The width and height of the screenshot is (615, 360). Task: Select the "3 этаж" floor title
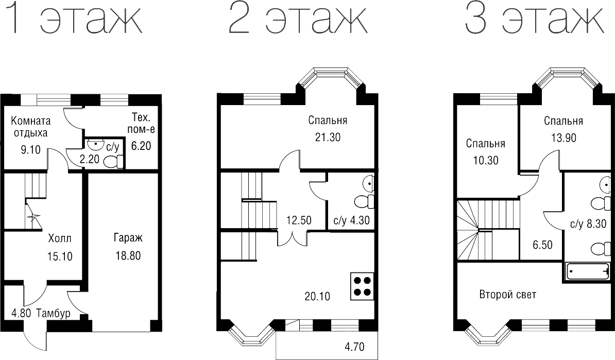[534, 18]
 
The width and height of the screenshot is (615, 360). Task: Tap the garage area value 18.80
[128, 255]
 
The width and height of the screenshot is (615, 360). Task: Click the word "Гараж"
[128, 237]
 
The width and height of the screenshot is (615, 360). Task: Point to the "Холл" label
[60, 238]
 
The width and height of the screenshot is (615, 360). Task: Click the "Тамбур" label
[54, 313]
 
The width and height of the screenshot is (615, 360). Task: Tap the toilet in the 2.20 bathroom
[114, 162]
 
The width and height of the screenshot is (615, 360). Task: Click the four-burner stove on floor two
[362, 286]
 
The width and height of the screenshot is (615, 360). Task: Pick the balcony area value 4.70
[354, 347]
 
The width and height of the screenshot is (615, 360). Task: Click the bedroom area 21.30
[328, 138]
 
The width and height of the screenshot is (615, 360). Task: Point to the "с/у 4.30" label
[351, 220]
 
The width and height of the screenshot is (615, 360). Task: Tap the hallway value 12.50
[299, 220]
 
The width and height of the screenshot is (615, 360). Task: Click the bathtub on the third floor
[588, 271]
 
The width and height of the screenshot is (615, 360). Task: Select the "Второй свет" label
[507, 295]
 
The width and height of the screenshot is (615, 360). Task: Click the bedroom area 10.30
[486, 160]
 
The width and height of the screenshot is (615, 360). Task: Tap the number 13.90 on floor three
[563, 138]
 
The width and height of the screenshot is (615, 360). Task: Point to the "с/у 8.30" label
[588, 224]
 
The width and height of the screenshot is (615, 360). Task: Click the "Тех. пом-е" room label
[141, 123]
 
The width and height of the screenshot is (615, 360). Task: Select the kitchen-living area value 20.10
[317, 296]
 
